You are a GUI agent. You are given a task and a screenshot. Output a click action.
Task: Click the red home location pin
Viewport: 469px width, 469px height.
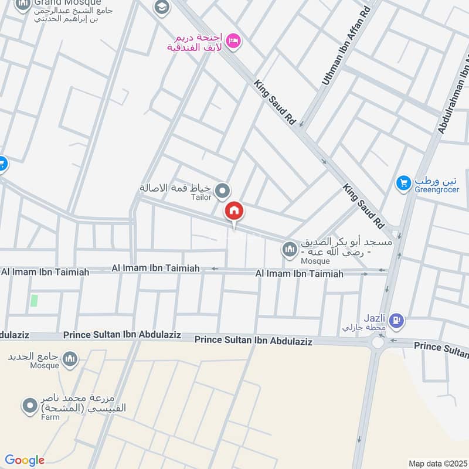(234, 211)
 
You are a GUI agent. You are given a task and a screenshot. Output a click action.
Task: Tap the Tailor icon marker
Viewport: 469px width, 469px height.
(222, 191)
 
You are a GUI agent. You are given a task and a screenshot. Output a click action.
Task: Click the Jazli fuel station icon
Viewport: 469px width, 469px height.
(397, 320)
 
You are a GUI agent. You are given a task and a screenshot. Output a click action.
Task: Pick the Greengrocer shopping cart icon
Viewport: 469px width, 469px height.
(402, 183)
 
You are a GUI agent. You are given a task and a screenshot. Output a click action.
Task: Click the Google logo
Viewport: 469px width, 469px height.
(25, 460)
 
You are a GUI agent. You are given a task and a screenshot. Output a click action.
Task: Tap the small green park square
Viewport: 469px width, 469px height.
(34, 301)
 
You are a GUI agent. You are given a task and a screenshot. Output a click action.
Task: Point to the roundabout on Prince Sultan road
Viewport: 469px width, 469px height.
(378, 342)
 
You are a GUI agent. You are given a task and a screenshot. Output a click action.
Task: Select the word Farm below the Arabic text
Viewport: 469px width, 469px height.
(50, 417)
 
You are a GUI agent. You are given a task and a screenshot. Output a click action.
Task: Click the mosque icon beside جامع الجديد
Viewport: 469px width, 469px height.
(70, 358)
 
